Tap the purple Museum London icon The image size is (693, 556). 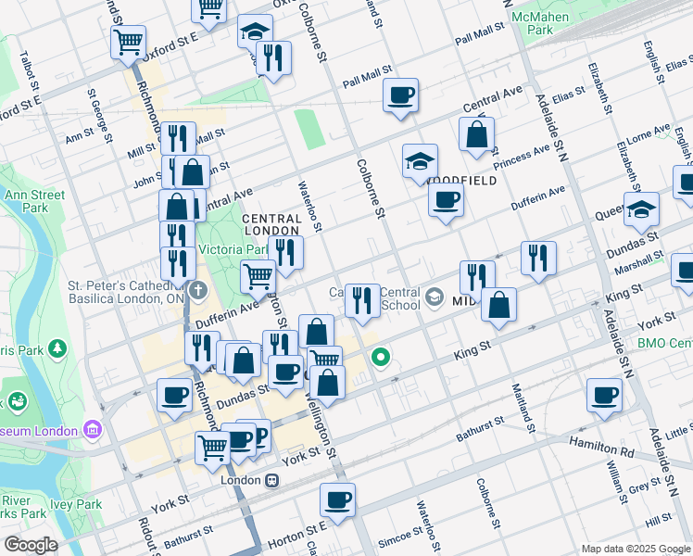pos(92,429)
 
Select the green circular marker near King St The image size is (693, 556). pos(380,357)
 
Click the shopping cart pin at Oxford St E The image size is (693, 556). pos(128,41)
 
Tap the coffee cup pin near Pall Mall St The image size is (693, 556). pos(400,95)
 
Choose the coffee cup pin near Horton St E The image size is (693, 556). pos(337,499)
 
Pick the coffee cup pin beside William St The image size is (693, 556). pos(604,395)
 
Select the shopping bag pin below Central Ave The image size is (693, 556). pos(476,134)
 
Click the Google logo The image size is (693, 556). pos(30,545)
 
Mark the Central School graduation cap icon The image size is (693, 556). pos(434,297)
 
